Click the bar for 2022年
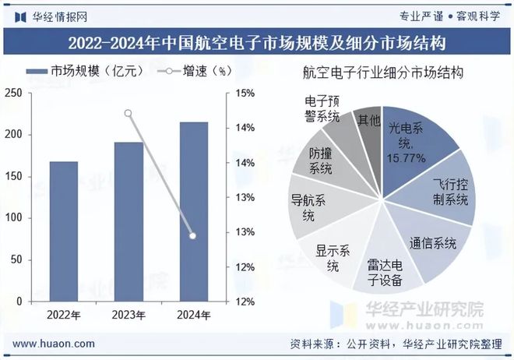click(64, 231)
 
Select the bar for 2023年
click(128, 222)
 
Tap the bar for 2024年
click(193, 212)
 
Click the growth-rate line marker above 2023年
click(128, 113)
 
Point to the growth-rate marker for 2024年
click(193, 235)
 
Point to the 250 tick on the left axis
click(12, 94)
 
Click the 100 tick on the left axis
click(12, 217)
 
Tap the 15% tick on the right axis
click(245, 94)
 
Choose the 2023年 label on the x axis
click(128, 315)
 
